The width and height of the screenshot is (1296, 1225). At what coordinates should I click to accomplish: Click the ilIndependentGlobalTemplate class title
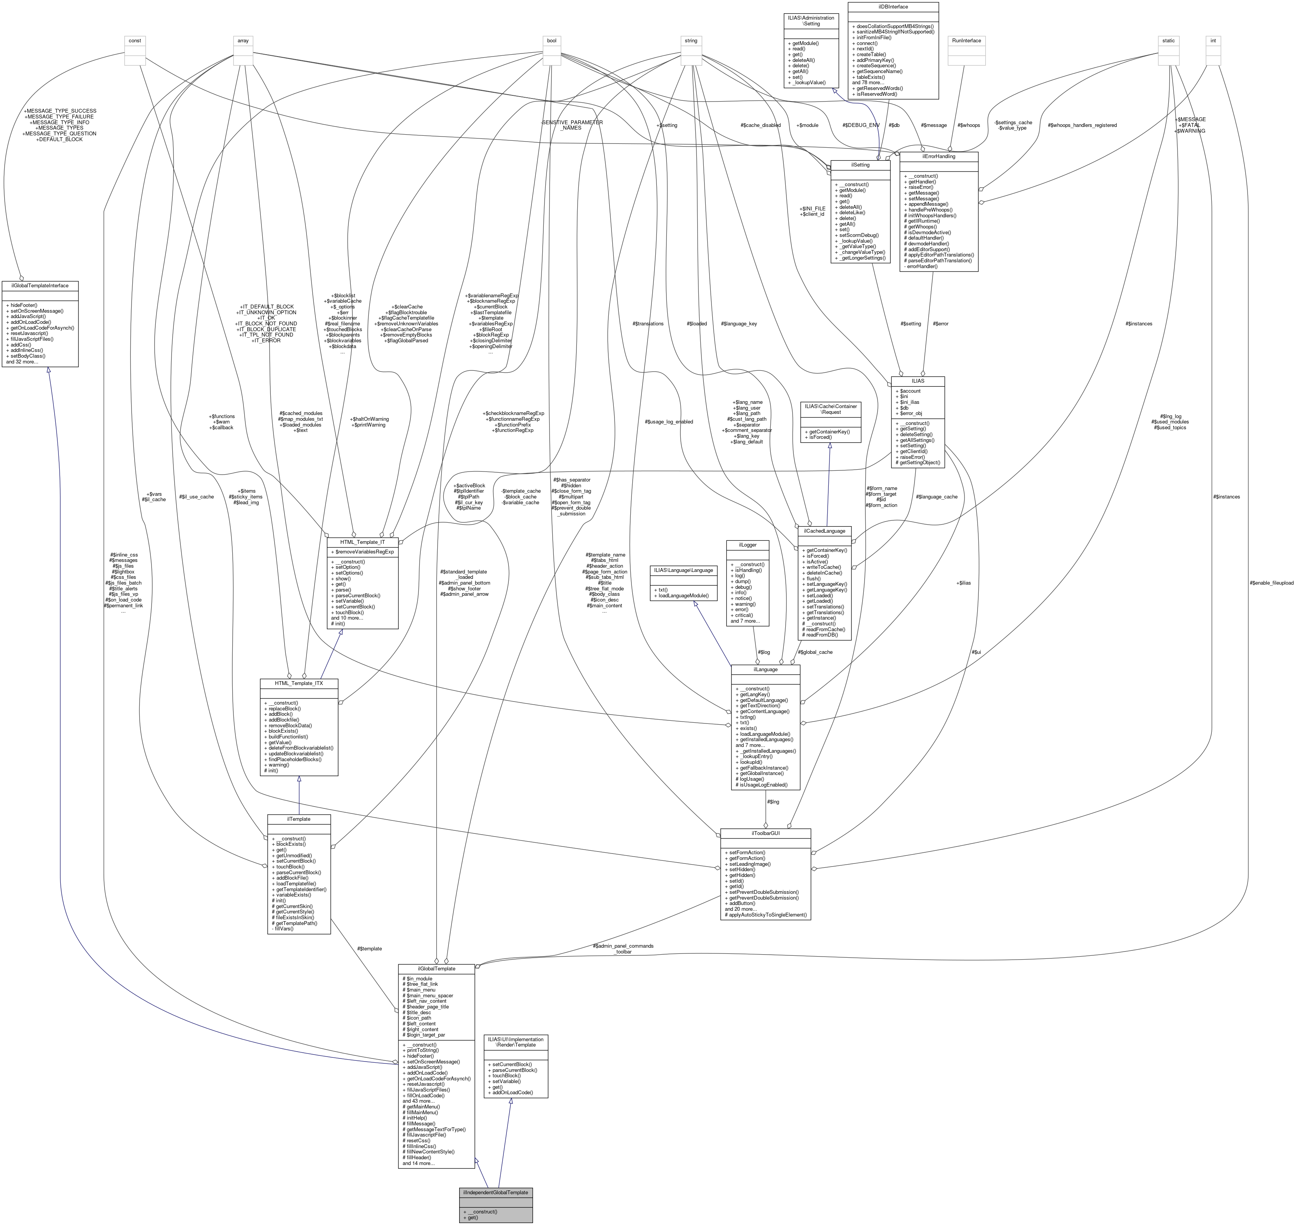pyautogui.click(x=496, y=1192)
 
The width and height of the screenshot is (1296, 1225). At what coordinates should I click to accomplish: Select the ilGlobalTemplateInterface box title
pyautogui.click(x=40, y=285)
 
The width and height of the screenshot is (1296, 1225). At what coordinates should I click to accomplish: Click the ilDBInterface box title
pyautogui.click(x=893, y=7)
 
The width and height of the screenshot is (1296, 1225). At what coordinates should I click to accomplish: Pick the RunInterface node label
pyautogui.click(x=967, y=40)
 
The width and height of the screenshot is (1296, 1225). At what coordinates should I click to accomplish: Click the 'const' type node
pyautogui.click(x=135, y=40)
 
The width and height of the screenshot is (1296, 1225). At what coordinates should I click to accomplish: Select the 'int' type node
pyautogui.click(x=1213, y=40)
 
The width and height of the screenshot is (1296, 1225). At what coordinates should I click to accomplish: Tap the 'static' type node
pyautogui.click(x=1168, y=40)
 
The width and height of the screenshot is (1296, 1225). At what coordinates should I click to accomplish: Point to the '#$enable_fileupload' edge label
pyautogui.click(x=1271, y=583)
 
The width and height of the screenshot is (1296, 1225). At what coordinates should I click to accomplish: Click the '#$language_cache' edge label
pyautogui.click(x=936, y=497)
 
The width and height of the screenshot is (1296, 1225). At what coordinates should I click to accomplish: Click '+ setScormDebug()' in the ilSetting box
pyautogui.click(x=859, y=235)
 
